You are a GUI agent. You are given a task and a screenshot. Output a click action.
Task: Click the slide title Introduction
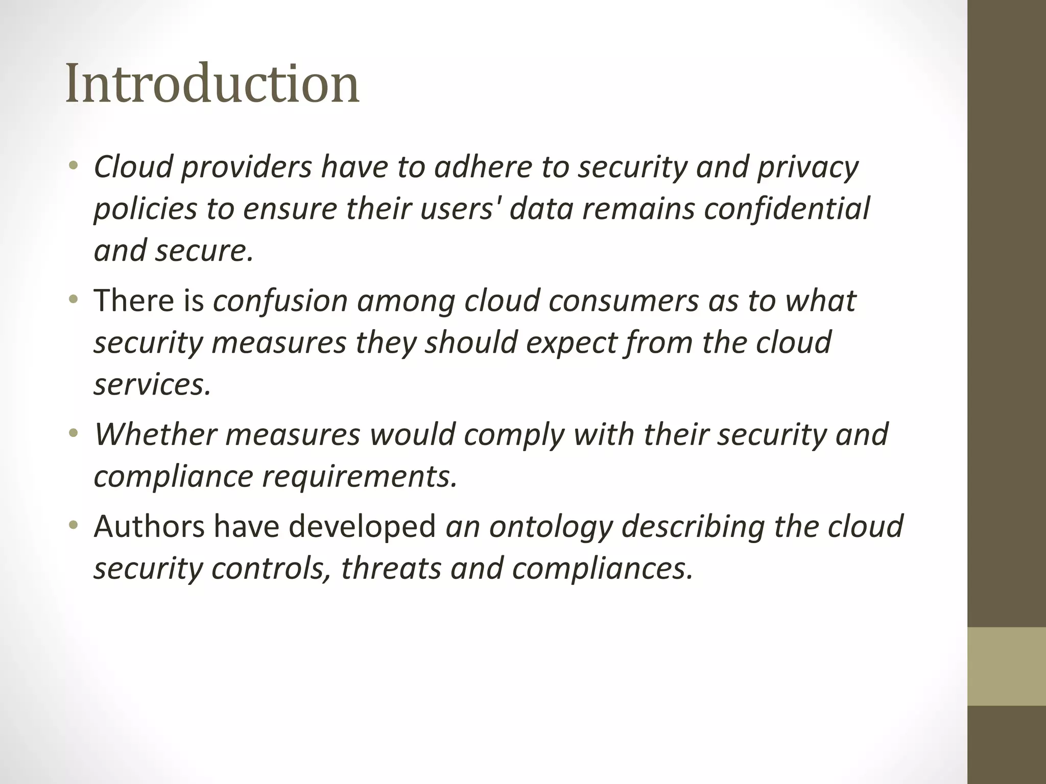[x=212, y=83]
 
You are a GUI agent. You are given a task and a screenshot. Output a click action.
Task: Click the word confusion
[x=280, y=301]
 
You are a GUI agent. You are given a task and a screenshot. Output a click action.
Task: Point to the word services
[x=152, y=385]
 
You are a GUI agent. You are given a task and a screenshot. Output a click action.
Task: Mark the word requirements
[x=360, y=477]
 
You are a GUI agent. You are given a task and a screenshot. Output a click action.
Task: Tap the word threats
[x=390, y=569]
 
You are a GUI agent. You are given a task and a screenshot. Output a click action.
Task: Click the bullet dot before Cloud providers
[x=75, y=165]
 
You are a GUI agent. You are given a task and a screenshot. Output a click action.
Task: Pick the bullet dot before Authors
[x=75, y=525]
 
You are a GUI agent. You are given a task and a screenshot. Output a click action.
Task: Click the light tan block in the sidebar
[x=1007, y=666]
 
